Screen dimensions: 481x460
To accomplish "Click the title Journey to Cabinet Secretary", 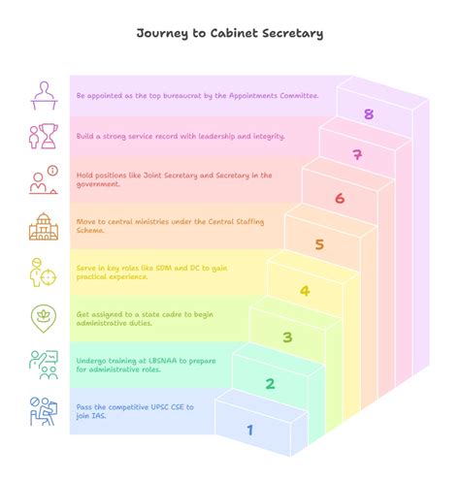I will point(230,34).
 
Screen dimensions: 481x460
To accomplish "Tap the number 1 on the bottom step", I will point(250,430).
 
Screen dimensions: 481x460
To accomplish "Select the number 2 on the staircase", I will point(270,384).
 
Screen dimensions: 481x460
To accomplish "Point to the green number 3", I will point(287,337).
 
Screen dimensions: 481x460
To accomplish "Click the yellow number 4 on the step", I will point(305,291).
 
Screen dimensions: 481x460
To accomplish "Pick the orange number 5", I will point(319,244).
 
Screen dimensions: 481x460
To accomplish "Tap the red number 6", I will point(340,199).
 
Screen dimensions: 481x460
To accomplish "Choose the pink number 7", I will point(357,155).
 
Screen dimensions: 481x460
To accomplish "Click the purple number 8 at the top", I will point(369,114).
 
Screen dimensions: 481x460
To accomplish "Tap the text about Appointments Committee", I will point(198,96).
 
